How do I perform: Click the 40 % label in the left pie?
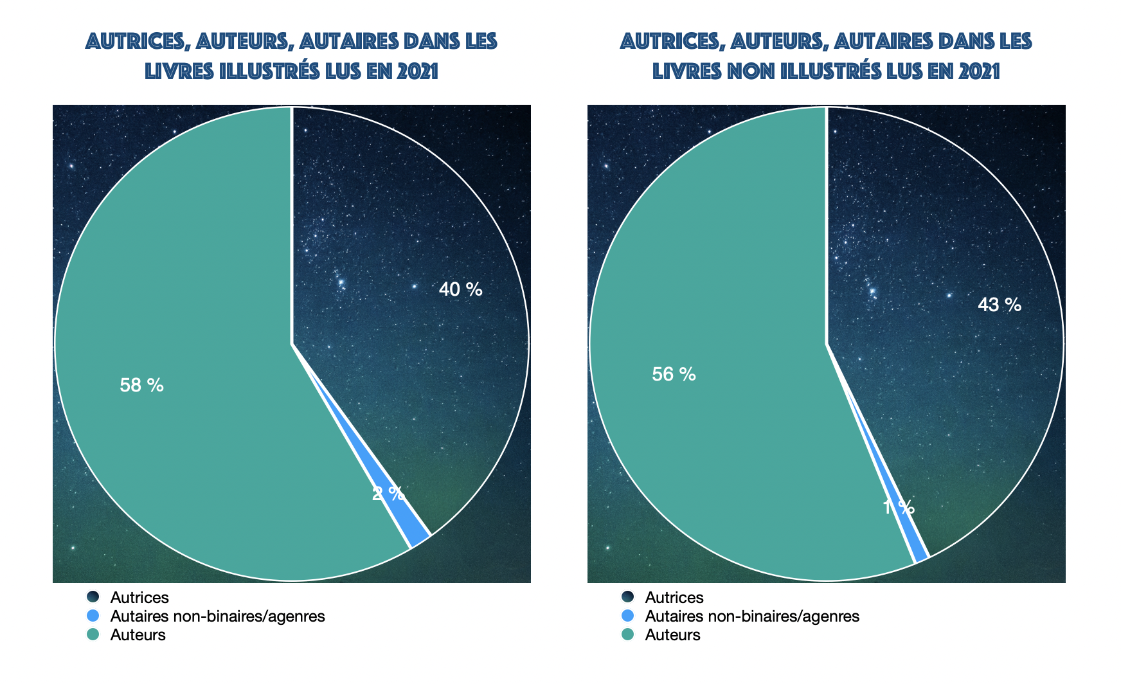[x=460, y=289]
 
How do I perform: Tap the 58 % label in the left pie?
[x=141, y=385]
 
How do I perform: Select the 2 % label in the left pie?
[x=388, y=494]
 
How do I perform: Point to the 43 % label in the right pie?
[x=999, y=305]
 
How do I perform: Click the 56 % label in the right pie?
[x=674, y=374]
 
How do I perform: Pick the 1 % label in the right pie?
[x=898, y=508]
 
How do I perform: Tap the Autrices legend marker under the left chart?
[x=93, y=597]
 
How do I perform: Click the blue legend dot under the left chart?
[x=93, y=616]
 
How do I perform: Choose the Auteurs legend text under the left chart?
[x=138, y=635]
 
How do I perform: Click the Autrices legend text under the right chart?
[x=674, y=598]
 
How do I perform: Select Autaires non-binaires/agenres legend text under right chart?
[x=751, y=616]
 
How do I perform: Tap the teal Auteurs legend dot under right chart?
[x=627, y=635]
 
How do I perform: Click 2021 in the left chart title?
[x=417, y=71]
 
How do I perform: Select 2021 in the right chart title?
[x=979, y=71]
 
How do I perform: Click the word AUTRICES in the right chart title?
[x=671, y=42]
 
